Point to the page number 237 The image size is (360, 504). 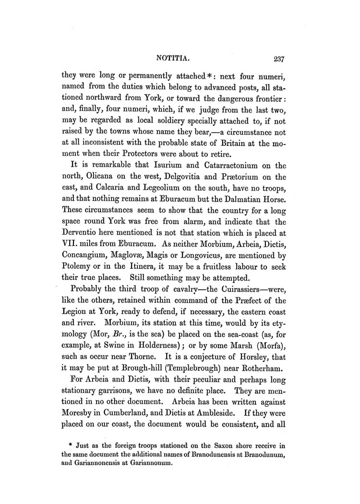pyautogui.click(x=278, y=60)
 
